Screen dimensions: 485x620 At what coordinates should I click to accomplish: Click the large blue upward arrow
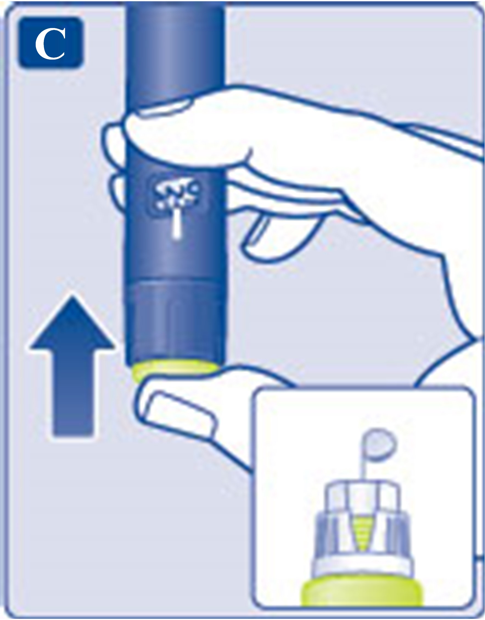72,366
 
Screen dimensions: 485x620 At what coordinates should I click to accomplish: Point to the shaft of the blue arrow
73,392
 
